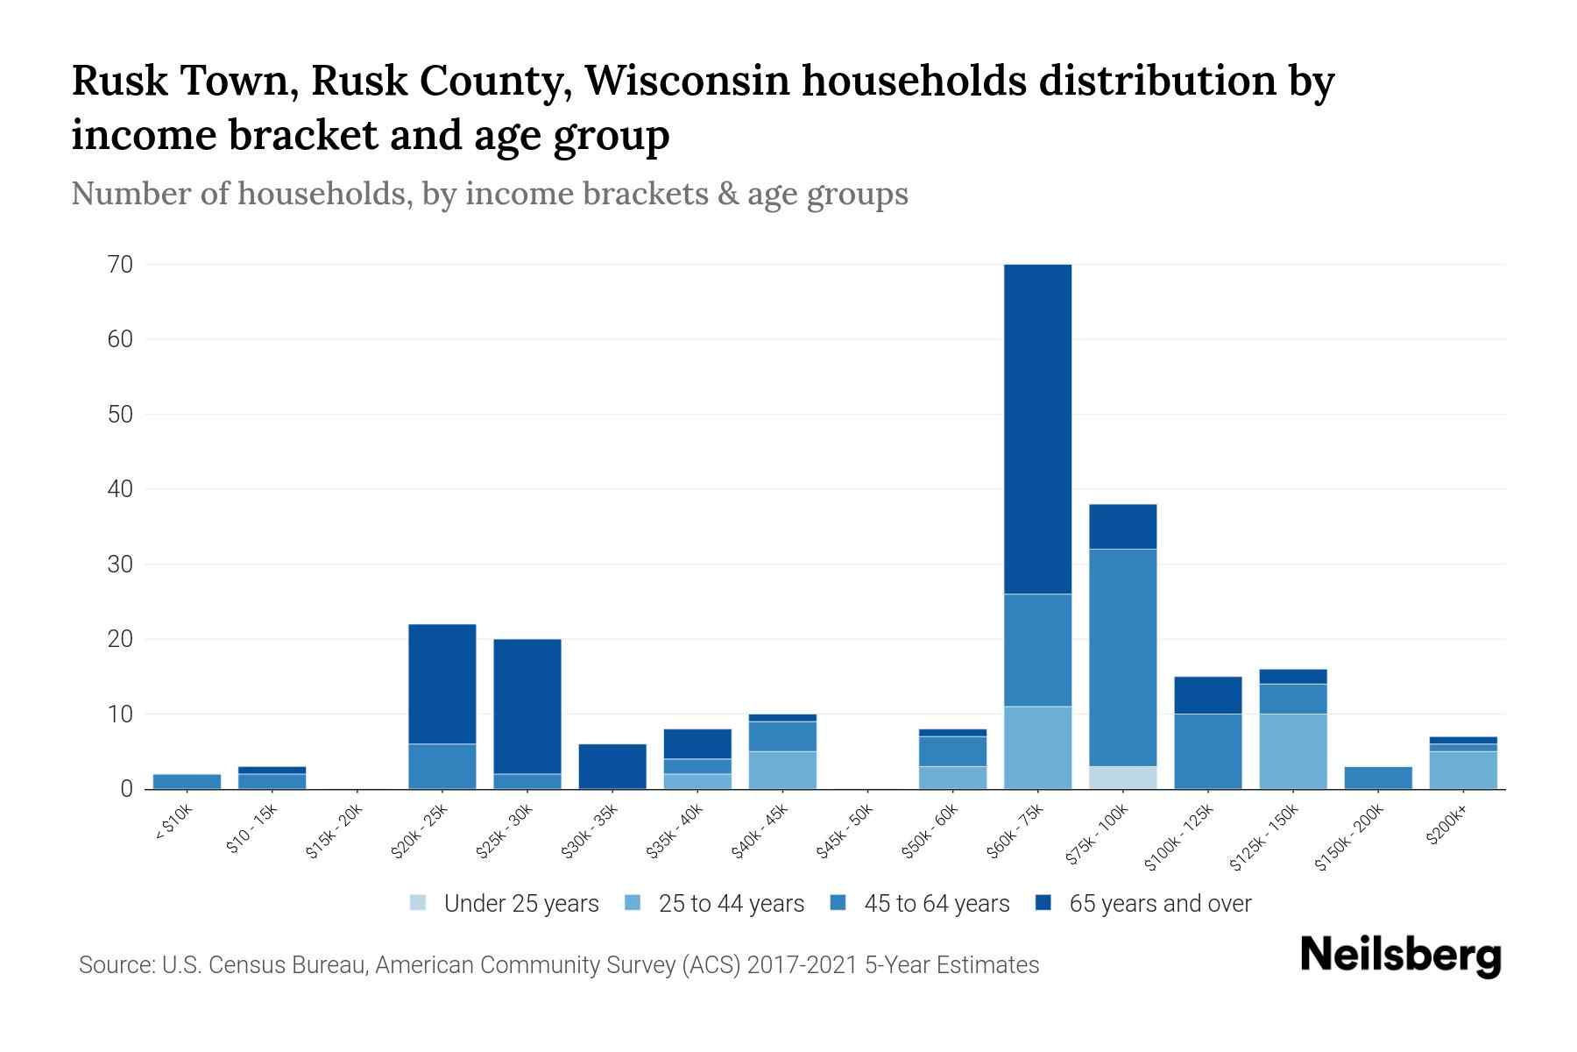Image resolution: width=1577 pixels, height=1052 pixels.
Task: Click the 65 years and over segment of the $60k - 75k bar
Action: click(x=1037, y=429)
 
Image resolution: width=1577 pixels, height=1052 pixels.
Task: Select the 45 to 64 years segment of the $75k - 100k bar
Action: click(x=1122, y=657)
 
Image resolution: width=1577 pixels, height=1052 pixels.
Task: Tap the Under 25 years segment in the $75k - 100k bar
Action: click(x=1122, y=778)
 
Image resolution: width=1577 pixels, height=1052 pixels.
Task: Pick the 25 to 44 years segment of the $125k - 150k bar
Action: click(x=1292, y=751)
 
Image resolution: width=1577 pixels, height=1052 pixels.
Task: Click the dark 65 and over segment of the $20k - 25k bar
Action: click(x=442, y=684)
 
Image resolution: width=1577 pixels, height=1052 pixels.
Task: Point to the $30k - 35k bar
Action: click(x=612, y=766)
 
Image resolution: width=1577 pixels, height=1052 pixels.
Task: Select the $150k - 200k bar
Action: click(x=1377, y=778)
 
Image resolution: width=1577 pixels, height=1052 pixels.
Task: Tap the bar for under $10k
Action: click(x=187, y=781)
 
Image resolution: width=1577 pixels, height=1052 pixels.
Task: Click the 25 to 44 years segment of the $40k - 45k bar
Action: click(x=782, y=770)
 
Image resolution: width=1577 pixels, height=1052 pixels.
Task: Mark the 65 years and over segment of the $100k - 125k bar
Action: click(x=1207, y=695)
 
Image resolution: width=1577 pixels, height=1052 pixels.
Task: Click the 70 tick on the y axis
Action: click(x=120, y=264)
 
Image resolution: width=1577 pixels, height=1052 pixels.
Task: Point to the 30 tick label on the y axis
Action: click(x=120, y=564)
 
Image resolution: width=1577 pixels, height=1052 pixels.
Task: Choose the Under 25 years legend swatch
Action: click(x=419, y=902)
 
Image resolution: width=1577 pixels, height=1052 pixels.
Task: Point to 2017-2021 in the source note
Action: click(x=803, y=965)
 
